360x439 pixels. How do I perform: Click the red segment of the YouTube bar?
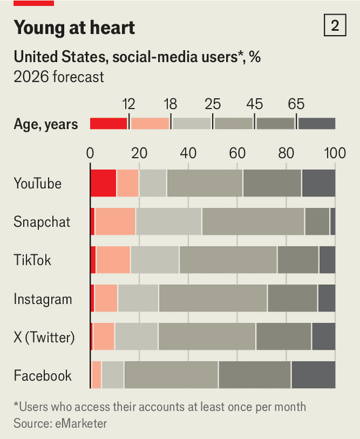103,183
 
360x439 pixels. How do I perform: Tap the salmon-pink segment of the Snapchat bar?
115,222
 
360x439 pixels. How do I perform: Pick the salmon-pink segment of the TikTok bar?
113,260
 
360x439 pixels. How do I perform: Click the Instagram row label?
43,299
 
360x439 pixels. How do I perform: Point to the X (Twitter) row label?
44,338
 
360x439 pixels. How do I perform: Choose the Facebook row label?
43,376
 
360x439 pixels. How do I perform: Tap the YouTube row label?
37,184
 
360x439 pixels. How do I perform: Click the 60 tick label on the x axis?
237,153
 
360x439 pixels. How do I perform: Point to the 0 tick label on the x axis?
90,153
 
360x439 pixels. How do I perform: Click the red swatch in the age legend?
108,123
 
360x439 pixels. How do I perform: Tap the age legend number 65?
296,104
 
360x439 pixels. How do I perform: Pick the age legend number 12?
128,104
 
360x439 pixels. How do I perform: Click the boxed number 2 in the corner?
335,26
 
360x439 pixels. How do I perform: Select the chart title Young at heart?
74,27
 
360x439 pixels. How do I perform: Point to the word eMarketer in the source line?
79,423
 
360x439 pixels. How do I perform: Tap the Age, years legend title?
46,124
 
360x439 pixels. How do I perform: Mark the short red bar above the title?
34,3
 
